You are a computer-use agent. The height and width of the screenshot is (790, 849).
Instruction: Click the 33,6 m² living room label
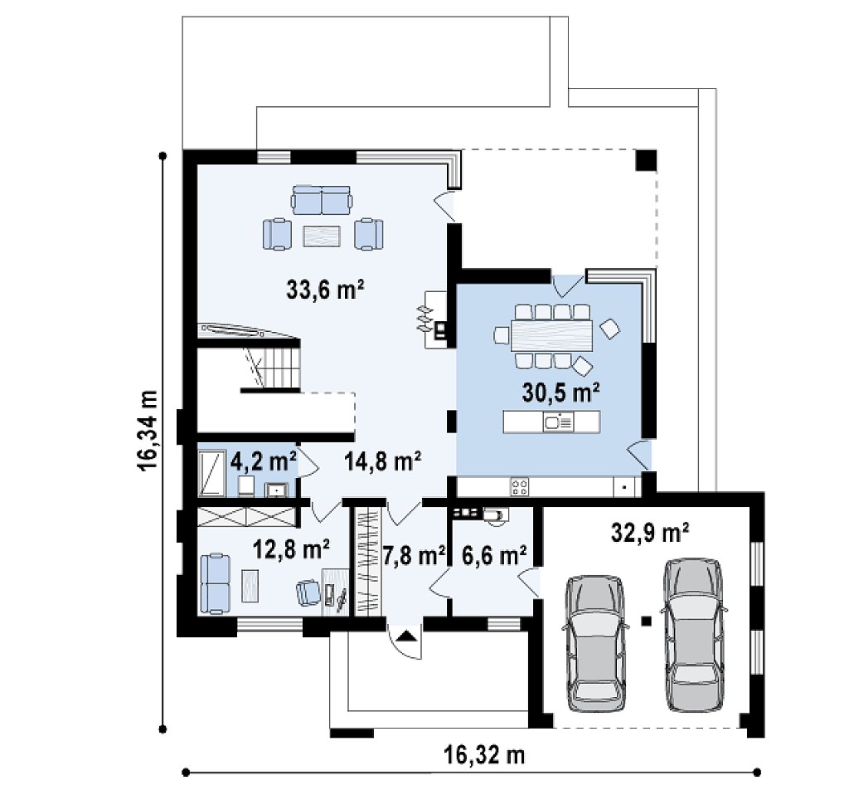click(x=325, y=290)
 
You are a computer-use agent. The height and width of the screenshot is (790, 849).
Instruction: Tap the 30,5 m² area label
click(x=561, y=392)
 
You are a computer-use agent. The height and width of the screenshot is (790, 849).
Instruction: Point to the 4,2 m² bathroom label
click(x=263, y=461)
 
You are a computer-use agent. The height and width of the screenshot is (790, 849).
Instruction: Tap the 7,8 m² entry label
click(x=415, y=555)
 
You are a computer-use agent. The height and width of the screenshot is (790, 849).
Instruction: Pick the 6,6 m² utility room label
click(x=494, y=555)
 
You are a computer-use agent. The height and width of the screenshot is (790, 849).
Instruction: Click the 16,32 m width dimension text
click(x=484, y=754)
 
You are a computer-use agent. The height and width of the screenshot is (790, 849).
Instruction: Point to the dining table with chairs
click(x=552, y=336)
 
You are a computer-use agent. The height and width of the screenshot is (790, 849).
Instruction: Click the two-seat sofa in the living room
click(x=322, y=200)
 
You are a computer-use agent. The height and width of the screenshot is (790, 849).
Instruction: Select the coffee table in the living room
click(x=322, y=236)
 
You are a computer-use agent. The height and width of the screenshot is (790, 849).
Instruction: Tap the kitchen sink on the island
click(x=558, y=422)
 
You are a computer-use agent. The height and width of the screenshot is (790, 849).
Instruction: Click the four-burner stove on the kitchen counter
click(x=520, y=486)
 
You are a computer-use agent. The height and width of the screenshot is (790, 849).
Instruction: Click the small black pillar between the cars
click(x=645, y=621)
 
